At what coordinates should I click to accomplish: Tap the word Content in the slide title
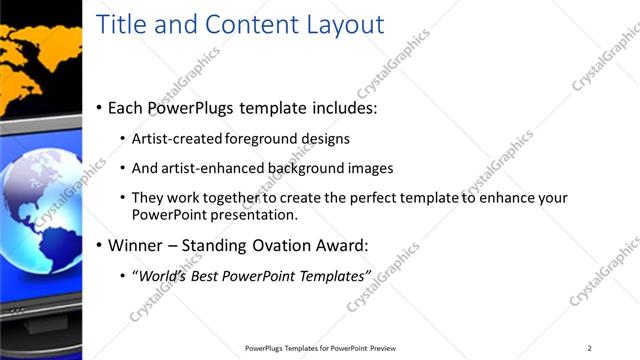point(246,25)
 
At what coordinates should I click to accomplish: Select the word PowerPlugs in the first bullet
point(192,107)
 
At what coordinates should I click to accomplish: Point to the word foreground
point(264,138)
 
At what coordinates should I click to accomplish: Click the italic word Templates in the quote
point(332,275)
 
